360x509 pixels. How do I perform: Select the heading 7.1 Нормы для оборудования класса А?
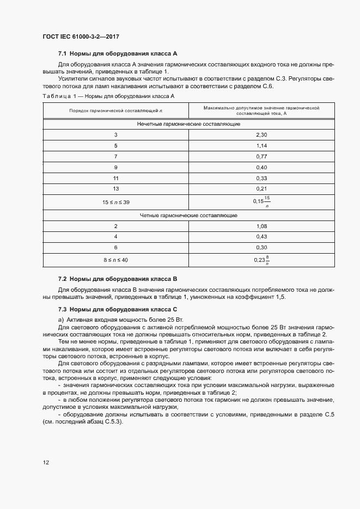point(118,54)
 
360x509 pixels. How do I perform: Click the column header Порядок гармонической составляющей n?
point(115,111)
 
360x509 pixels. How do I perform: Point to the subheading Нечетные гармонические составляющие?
point(188,124)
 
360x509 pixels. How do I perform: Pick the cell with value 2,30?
point(261,134)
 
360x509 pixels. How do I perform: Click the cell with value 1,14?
point(261,145)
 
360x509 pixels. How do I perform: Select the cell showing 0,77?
point(261,156)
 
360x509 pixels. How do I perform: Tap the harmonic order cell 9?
point(115,167)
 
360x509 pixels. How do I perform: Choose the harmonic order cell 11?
point(115,178)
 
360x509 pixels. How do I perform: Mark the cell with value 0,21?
point(261,189)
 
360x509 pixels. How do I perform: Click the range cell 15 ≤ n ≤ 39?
point(115,202)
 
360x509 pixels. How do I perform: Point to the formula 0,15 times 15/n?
point(261,201)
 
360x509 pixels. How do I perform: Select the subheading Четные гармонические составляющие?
point(188,215)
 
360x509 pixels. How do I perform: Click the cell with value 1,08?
point(261,225)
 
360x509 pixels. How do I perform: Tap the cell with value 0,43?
point(261,236)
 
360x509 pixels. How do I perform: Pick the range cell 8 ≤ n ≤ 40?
point(115,260)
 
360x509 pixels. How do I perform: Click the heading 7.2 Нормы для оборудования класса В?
point(118,278)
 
